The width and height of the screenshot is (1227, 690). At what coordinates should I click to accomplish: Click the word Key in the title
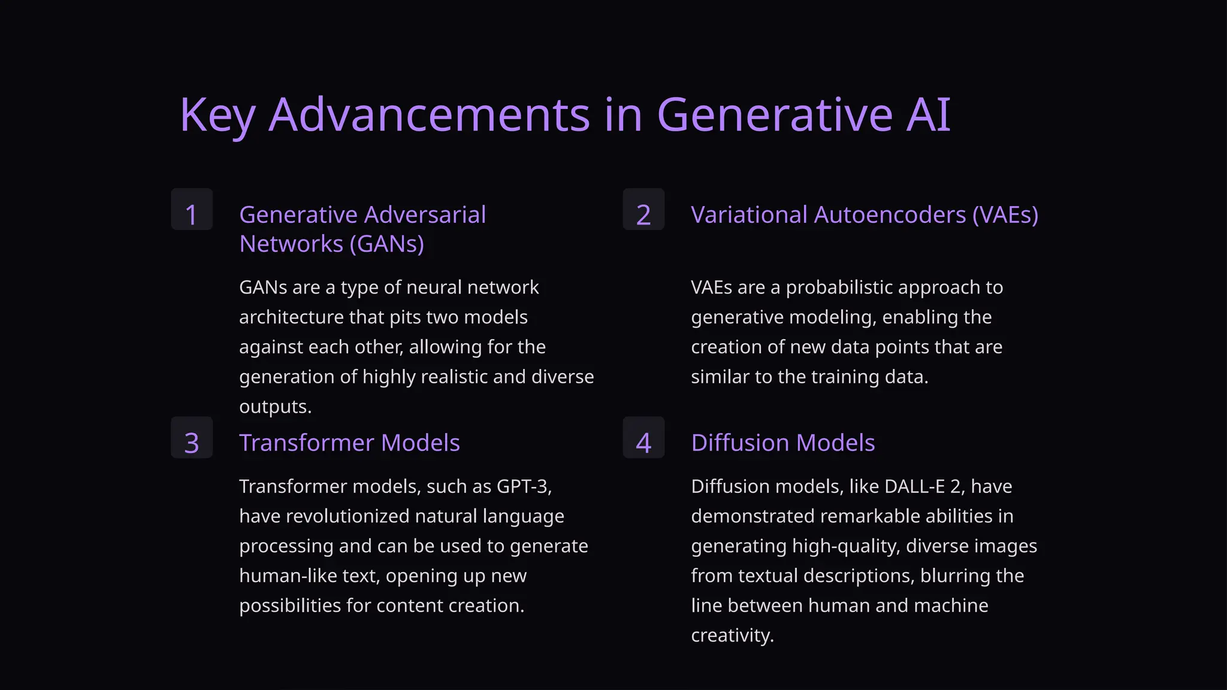pos(217,115)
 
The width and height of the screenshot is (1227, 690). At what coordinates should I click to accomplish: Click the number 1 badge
pos(192,210)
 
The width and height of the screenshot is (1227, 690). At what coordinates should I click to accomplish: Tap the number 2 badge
pos(643,210)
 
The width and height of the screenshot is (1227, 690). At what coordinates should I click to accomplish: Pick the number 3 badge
pos(192,438)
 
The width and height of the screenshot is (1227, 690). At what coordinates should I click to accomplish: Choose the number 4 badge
pos(643,438)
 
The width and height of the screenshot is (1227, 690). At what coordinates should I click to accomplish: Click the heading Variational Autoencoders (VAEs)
pos(865,214)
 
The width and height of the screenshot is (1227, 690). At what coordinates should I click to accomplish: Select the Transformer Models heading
pos(349,443)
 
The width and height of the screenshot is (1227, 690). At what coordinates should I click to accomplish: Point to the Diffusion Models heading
pos(783,443)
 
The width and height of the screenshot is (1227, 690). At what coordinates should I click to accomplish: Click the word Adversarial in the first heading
pos(425,214)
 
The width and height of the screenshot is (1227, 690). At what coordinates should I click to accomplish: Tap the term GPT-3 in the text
pos(524,486)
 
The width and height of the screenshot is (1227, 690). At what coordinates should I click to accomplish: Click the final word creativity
pos(732,635)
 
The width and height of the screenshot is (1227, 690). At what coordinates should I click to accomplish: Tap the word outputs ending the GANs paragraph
pos(275,407)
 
